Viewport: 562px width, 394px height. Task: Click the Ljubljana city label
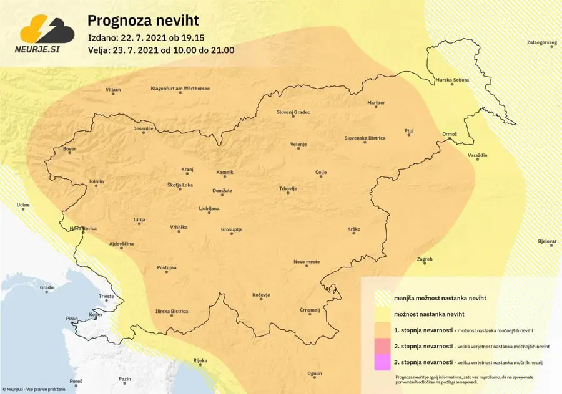209,209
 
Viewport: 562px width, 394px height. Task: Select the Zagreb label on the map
425,259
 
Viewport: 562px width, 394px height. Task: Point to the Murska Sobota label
452,80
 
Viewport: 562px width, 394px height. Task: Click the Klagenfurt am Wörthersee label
180,89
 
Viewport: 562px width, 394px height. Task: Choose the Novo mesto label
307,262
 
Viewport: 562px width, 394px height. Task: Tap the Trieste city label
107,297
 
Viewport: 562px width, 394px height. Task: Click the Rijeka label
200,361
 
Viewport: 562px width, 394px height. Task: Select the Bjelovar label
547,241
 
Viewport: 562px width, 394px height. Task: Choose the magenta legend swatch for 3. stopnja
380,362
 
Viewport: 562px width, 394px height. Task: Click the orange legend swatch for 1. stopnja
380,329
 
